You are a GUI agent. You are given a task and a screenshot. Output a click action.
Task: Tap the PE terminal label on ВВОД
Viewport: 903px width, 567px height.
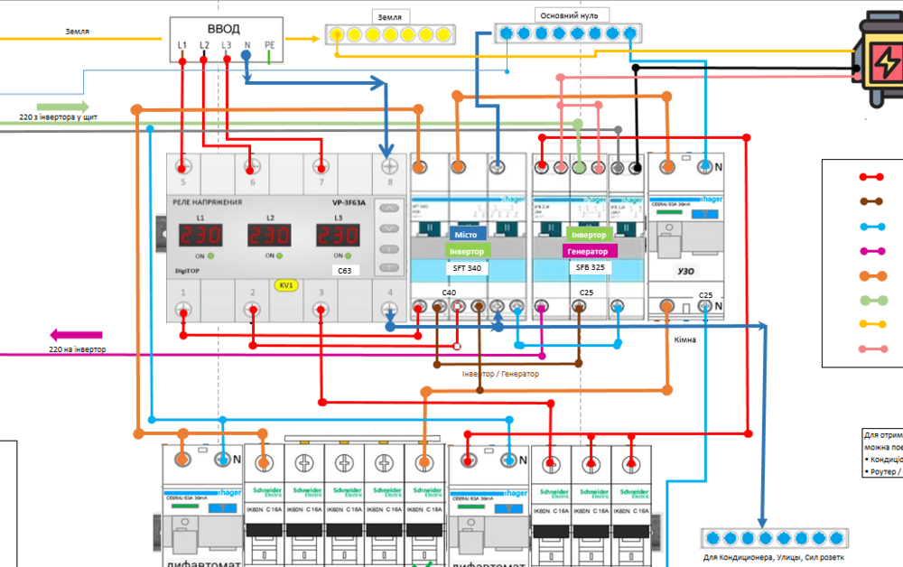click(269, 44)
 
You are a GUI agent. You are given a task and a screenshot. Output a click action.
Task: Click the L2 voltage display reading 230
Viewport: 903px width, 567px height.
click(270, 236)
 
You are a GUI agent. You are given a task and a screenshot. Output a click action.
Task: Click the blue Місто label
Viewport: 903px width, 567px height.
click(467, 234)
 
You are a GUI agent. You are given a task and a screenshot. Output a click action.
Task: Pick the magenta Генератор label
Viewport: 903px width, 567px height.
click(590, 250)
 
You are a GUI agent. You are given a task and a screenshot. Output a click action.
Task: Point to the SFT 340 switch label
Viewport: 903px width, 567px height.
click(467, 268)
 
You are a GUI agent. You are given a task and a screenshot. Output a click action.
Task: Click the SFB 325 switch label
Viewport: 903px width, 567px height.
click(590, 268)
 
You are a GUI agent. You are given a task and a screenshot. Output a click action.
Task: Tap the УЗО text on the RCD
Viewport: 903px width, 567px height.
click(685, 270)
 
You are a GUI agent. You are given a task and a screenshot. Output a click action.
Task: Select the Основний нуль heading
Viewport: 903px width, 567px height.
click(573, 15)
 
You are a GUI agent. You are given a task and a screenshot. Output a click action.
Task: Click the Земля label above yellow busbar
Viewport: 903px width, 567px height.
click(391, 16)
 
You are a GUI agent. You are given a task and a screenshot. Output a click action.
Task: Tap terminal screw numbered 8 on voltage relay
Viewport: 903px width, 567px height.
click(390, 167)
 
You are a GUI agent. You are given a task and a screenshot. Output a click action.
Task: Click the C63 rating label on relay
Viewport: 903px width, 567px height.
click(344, 269)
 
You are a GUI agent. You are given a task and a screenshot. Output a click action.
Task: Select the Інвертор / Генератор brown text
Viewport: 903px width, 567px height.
click(499, 374)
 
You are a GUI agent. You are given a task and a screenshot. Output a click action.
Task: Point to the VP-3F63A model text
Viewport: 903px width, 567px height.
click(348, 203)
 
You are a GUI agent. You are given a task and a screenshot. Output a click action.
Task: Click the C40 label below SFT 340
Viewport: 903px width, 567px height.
click(449, 293)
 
